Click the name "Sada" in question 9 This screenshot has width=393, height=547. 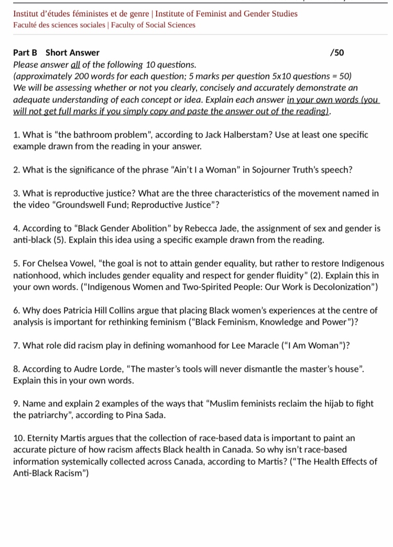156,415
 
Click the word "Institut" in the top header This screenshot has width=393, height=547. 27,14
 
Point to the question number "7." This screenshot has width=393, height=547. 17,345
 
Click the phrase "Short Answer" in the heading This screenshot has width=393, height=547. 72,52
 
